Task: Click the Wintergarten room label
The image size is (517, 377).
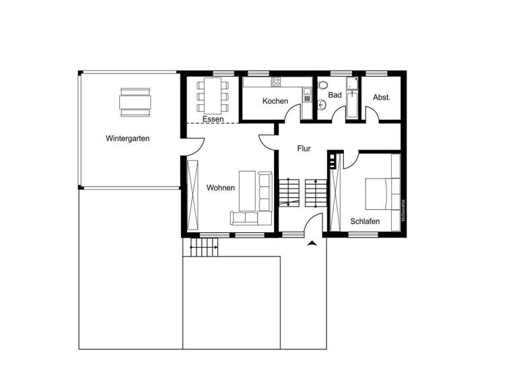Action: tap(127, 139)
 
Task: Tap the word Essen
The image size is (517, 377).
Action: tap(213, 119)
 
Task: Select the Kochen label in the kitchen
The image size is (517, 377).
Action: tap(275, 101)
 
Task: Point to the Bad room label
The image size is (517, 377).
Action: tap(335, 95)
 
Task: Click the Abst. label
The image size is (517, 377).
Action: tap(382, 97)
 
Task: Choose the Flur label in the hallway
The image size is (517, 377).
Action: tap(304, 148)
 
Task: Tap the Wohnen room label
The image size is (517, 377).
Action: tap(221, 188)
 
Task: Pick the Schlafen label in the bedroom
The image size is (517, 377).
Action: tap(365, 221)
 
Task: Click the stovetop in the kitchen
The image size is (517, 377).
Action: tap(275, 82)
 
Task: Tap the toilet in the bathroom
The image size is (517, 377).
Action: tap(322, 85)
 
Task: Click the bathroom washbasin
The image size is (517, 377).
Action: tap(322, 105)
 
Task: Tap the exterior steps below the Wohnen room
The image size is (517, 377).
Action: tap(205, 249)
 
